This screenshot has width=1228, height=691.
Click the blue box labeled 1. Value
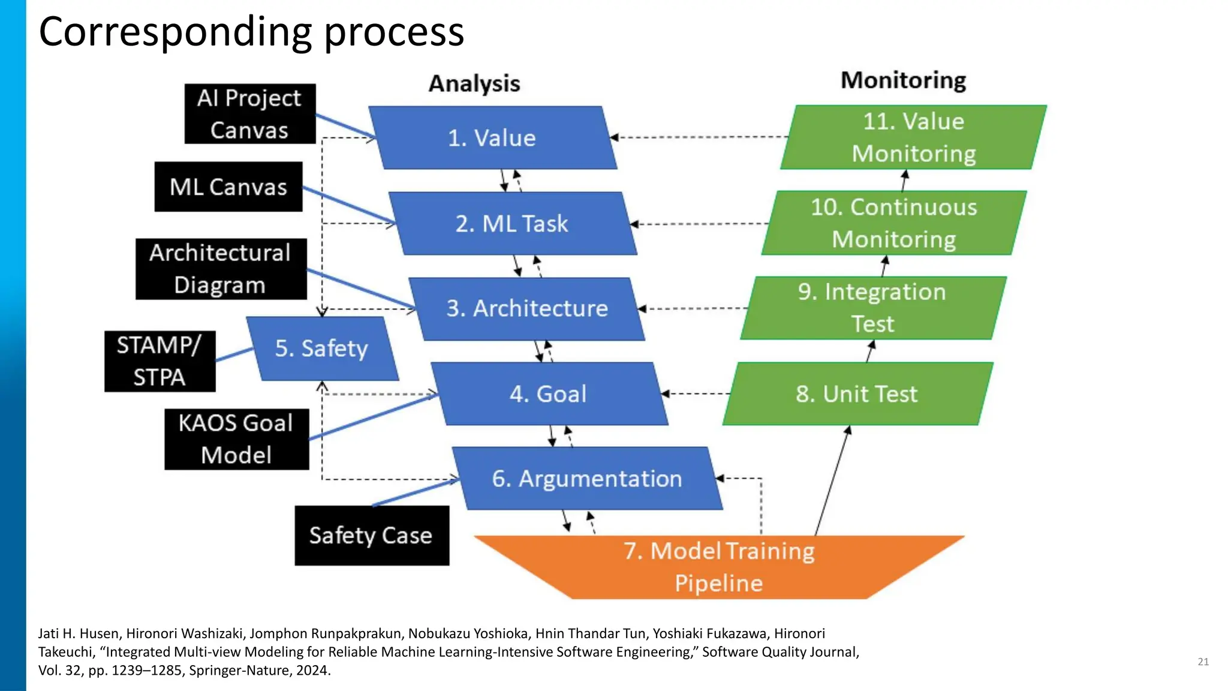coord(492,138)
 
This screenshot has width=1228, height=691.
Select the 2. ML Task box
coord(511,224)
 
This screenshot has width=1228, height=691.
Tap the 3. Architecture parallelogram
coord(526,308)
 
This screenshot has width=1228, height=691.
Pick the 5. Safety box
coord(322,348)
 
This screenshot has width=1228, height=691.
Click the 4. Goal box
coord(548,394)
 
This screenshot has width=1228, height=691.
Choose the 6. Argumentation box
coord(586,479)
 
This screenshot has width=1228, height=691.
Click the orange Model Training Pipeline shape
coord(718,567)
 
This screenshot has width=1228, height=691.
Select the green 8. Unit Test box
coord(857,394)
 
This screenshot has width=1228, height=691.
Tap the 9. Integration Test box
coord(872,308)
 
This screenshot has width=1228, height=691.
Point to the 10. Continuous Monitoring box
coord(893,223)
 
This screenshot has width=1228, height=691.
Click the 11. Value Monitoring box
coord(913,137)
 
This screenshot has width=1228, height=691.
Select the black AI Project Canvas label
coord(249,114)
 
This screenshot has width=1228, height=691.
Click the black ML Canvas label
coord(228,187)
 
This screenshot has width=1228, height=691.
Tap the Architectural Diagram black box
coord(221,269)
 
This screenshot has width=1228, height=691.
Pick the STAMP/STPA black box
coord(159,361)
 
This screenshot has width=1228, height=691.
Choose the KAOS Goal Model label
coord(236,439)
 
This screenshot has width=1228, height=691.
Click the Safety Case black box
coord(371,535)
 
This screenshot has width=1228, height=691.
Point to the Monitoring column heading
coord(903,80)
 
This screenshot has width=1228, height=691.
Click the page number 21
coord(1203,662)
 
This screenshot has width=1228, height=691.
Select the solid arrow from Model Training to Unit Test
coord(832,480)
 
